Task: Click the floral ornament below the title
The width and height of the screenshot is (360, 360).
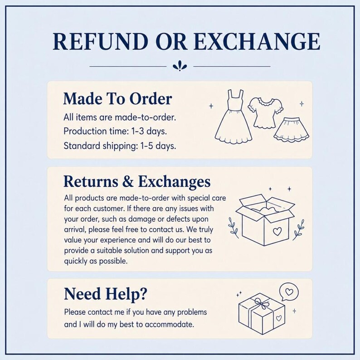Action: coord(180,66)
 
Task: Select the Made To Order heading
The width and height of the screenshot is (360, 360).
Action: coord(117,99)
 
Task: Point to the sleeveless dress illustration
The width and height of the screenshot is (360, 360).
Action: coord(234,116)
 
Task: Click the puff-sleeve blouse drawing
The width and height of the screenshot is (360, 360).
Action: coord(265,112)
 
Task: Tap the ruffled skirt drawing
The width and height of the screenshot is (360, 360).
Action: coord(292,131)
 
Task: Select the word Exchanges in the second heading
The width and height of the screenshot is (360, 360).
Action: coord(174,181)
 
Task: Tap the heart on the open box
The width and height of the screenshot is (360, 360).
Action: coord(277,231)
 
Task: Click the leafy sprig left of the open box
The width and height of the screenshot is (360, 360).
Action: coord(233,228)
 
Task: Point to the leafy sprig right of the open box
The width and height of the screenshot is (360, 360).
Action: coord(299,229)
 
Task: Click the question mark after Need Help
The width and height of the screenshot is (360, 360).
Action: coord(142,294)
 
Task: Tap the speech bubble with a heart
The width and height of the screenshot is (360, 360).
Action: coord(289,292)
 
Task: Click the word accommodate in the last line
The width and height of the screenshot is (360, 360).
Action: coord(170,325)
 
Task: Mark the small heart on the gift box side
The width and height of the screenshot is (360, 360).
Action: coord(278,318)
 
